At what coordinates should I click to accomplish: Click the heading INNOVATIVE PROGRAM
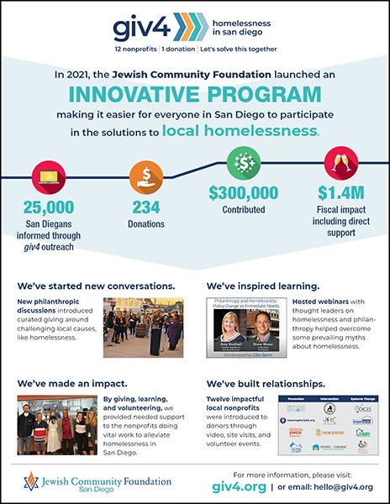pyautogui.click(x=194, y=92)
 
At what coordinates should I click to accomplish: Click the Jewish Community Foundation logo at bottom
pyautogui.click(x=88, y=481)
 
